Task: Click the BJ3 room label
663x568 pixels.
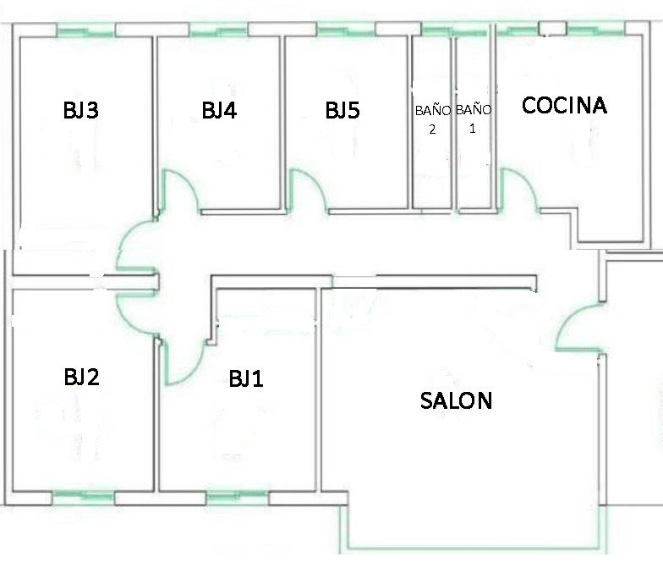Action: click(x=81, y=110)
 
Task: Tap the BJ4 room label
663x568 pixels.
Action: click(x=219, y=110)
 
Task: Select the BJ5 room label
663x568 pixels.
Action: click(x=342, y=110)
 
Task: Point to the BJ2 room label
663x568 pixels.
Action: click(x=81, y=377)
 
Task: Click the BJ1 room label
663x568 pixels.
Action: click(x=246, y=378)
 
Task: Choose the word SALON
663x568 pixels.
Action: click(x=457, y=400)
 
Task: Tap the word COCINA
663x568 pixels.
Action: click(x=565, y=105)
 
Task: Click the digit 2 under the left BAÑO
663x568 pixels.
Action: click(x=432, y=130)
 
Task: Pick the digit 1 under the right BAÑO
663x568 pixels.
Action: click(x=472, y=129)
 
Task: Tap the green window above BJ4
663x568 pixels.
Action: click(x=218, y=30)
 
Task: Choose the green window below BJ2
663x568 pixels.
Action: click(x=83, y=495)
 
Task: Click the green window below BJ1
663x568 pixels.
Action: click(x=237, y=495)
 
